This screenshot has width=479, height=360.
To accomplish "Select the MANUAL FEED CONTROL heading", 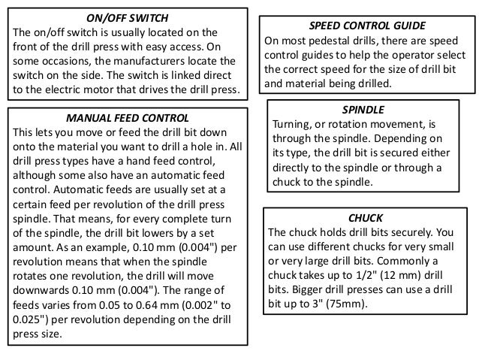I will (x=127, y=119).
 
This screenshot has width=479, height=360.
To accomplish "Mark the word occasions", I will (x=73, y=60).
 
